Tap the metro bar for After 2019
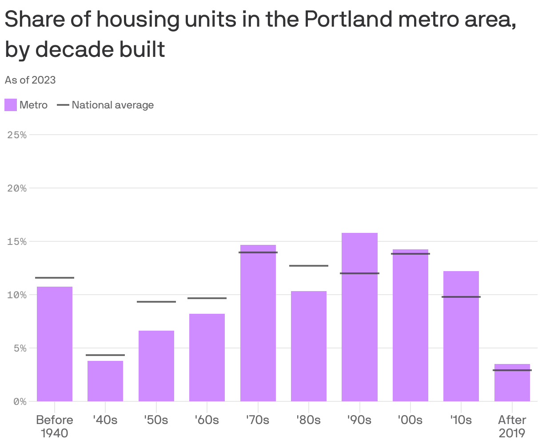[512, 383]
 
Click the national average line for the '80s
[309, 266]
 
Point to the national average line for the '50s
[156, 302]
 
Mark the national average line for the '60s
[207, 298]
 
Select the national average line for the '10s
[461, 297]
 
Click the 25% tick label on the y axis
[17, 135]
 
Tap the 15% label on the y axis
[17, 241]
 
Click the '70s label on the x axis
[258, 420]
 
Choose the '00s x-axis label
[410, 420]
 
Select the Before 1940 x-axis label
[55, 426]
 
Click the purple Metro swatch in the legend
[11, 105]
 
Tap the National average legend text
[113, 105]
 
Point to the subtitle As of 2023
[30, 80]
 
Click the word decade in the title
[72, 49]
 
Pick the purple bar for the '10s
[461, 336]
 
